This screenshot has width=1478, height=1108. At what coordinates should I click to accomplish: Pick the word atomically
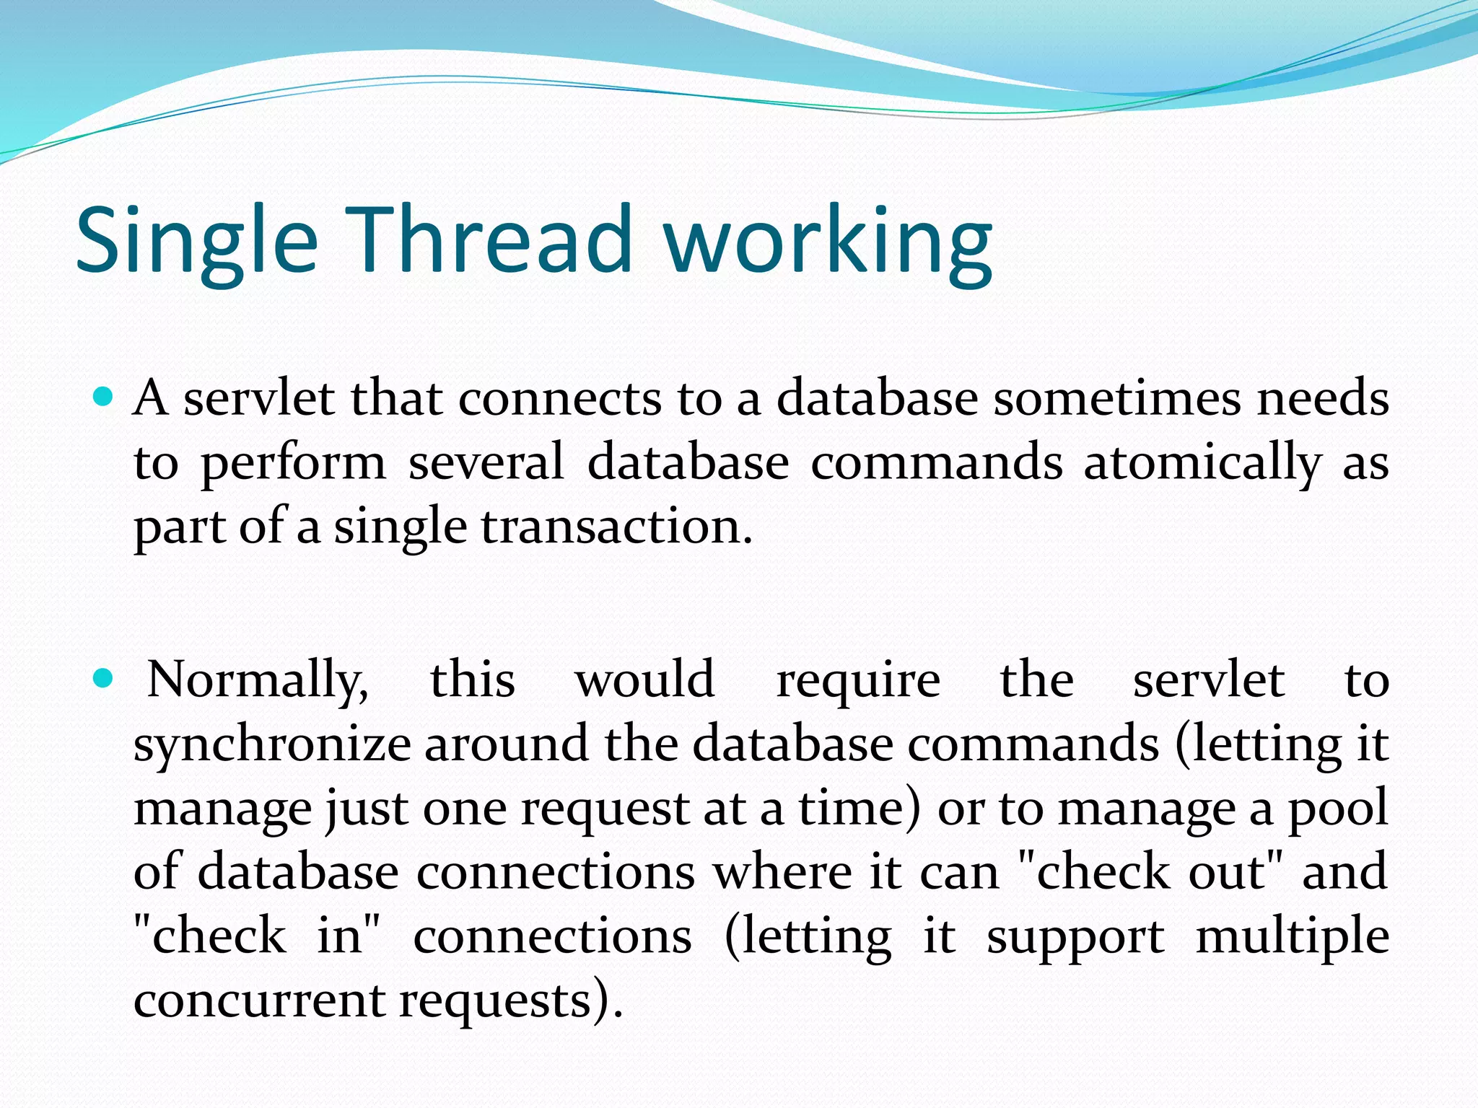tap(1202, 464)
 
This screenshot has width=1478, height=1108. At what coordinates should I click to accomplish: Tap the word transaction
tap(616, 527)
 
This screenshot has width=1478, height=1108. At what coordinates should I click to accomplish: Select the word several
tap(486, 462)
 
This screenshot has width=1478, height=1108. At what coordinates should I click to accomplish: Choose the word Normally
tap(258, 680)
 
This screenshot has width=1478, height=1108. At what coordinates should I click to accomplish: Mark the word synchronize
tap(272, 745)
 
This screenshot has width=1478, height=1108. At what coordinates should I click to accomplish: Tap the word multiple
tap(1292, 937)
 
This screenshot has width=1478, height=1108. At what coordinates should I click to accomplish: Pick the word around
tap(506, 745)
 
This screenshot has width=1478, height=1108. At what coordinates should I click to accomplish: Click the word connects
tap(559, 398)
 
